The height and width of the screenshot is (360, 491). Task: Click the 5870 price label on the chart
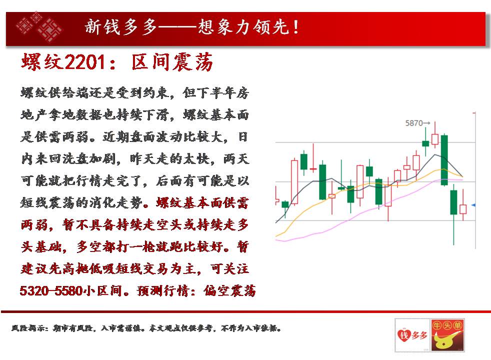click(414, 123)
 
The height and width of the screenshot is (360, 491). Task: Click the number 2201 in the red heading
click(85, 61)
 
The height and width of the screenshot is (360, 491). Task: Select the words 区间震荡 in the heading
click(172, 61)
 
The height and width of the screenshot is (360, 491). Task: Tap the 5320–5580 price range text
click(50, 291)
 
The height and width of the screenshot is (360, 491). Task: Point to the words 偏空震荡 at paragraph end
click(229, 291)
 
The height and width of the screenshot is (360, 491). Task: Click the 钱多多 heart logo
click(412, 335)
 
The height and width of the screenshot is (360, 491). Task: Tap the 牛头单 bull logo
click(447, 335)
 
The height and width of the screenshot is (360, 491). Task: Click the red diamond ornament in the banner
click(39, 27)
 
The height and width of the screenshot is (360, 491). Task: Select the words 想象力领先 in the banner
click(243, 26)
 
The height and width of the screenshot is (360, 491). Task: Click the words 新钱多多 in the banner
click(121, 26)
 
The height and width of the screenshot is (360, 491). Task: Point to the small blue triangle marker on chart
click(473, 205)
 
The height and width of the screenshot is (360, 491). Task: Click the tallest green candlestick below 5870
click(444, 160)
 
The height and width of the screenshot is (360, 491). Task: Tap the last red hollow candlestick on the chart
click(463, 209)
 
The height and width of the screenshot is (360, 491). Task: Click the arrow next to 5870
click(427, 123)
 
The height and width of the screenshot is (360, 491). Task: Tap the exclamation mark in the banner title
click(295, 26)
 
